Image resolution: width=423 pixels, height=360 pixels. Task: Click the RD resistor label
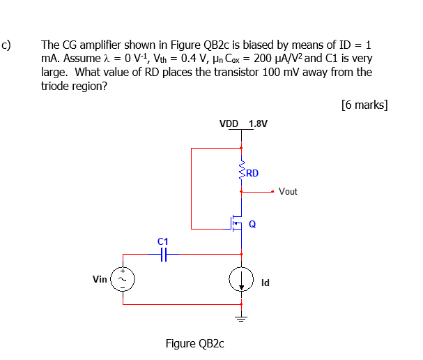pyautogui.click(x=252, y=173)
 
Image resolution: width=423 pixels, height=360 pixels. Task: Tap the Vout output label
pyautogui.click(x=288, y=191)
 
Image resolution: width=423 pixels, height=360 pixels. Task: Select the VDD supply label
pyautogui.click(x=229, y=123)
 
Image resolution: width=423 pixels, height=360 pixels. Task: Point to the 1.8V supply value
pyautogui.click(x=257, y=123)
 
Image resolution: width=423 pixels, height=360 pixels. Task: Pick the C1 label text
pyautogui.click(x=163, y=241)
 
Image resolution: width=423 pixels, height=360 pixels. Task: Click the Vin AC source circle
pyautogui.click(x=124, y=279)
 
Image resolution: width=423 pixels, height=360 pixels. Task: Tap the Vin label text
pyautogui.click(x=100, y=279)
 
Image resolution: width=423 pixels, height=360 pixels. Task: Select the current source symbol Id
pyautogui.click(x=242, y=280)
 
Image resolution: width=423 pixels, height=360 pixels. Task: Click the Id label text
pyautogui.click(x=266, y=283)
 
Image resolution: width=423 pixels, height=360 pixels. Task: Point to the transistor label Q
pyautogui.click(x=252, y=224)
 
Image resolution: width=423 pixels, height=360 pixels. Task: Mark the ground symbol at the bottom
pyautogui.click(x=242, y=319)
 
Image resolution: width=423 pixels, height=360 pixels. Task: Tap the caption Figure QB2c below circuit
pyautogui.click(x=195, y=343)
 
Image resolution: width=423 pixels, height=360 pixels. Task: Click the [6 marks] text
pyautogui.click(x=364, y=105)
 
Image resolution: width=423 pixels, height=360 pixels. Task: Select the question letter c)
pyautogui.click(x=6, y=46)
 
